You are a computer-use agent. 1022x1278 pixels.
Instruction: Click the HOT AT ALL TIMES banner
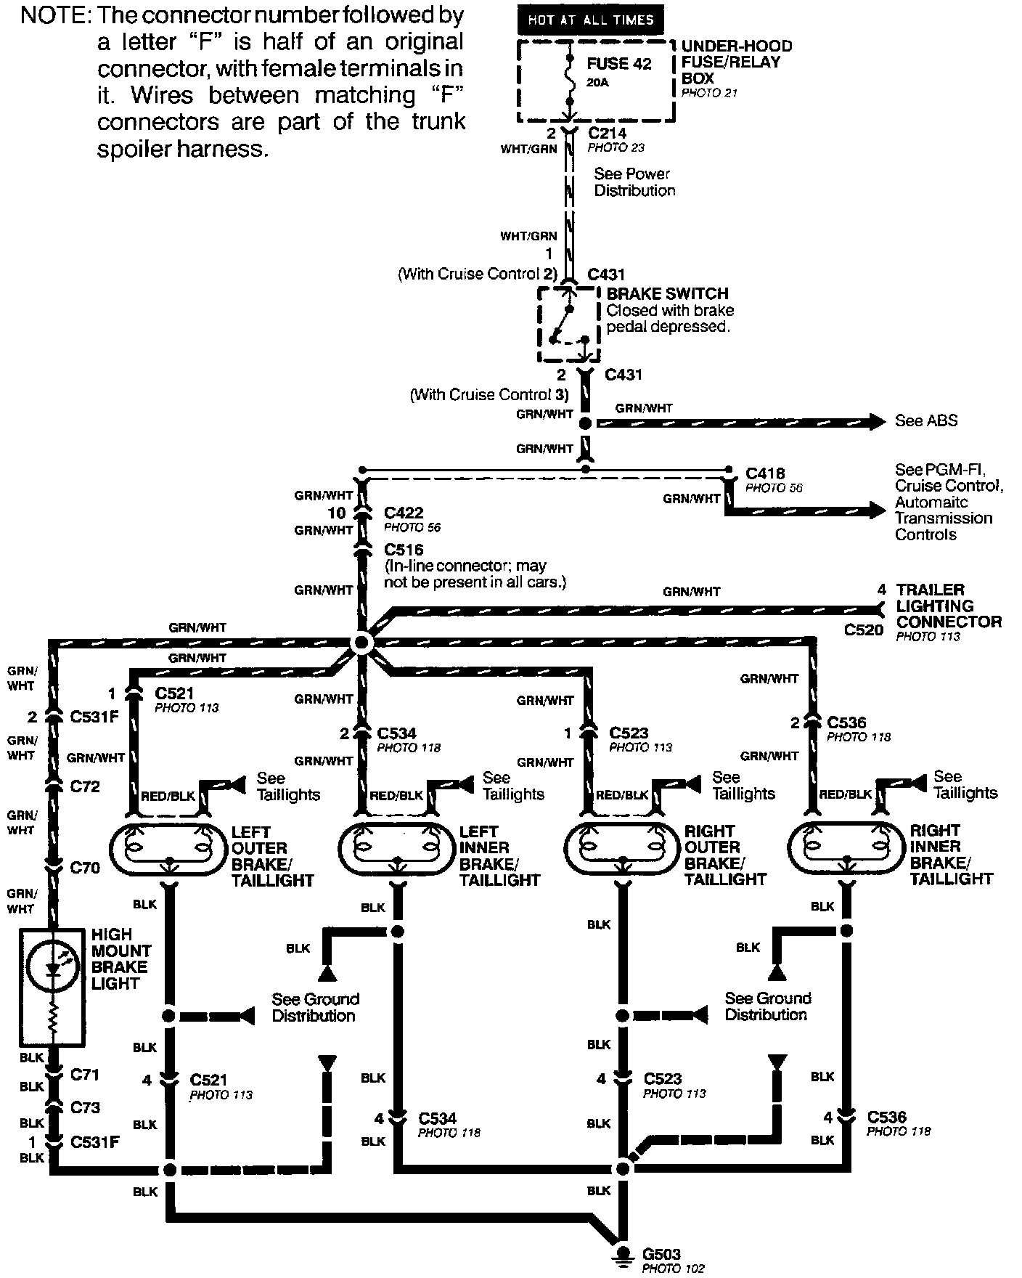click(590, 20)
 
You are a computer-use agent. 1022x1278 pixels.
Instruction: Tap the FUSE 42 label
click(619, 64)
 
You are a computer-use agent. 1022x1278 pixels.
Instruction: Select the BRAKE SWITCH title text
click(667, 293)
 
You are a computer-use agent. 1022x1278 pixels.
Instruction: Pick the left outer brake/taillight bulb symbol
click(169, 848)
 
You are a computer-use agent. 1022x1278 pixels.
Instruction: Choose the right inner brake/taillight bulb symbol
click(846, 847)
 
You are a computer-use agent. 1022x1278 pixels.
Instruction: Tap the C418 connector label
click(765, 473)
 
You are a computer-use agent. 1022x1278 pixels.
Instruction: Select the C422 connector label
click(404, 513)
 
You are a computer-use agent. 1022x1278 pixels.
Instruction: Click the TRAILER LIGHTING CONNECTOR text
click(948, 606)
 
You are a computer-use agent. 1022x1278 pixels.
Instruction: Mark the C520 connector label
click(863, 630)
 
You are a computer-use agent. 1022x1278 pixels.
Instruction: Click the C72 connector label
click(85, 786)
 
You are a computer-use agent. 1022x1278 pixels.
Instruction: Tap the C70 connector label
click(85, 867)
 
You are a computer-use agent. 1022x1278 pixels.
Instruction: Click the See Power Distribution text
click(634, 182)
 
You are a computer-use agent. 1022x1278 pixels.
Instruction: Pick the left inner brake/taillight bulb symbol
click(397, 847)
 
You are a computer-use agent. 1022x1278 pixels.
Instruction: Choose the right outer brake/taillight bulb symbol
click(622, 847)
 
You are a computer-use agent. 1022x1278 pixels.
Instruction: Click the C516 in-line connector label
click(404, 549)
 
